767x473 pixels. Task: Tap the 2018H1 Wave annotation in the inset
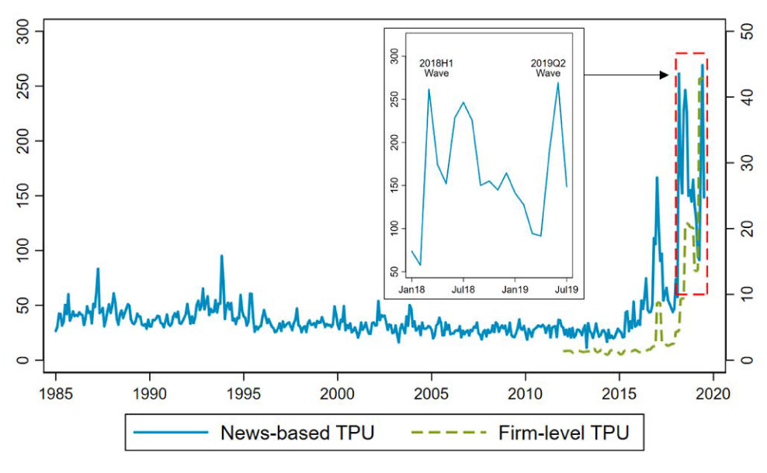click(436, 67)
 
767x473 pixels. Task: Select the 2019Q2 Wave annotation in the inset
click(547, 67)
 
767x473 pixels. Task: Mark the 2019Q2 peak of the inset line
click(557, 83)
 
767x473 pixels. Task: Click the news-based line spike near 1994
click(221, 256)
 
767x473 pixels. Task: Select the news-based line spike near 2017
click(657, 178)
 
